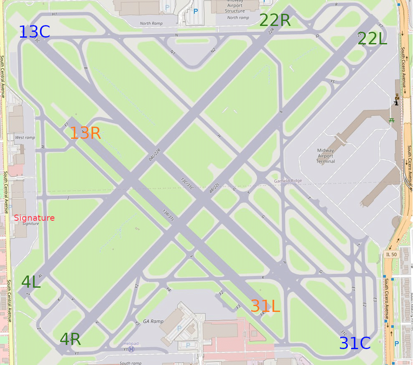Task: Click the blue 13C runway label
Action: point(35,32)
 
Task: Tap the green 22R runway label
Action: point(275,20)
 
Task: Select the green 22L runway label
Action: point(372,38)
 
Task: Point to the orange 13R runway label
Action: point(85,133)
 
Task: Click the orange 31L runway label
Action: point(265,306)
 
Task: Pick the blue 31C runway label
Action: point(354,343)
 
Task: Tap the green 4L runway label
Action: point(31,282)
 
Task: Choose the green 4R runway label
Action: point(70,339)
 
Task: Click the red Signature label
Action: point(34,218)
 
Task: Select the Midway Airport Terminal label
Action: point(326,156)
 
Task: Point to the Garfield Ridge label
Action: point(288,181)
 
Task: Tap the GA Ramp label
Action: point(153,321)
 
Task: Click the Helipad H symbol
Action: point(131,349)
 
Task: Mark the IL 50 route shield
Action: point(391,254)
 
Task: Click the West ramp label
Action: point(25,138)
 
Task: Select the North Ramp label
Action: point(151,23)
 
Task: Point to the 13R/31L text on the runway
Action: point(168,214)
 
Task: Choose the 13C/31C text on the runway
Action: point(187,184)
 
